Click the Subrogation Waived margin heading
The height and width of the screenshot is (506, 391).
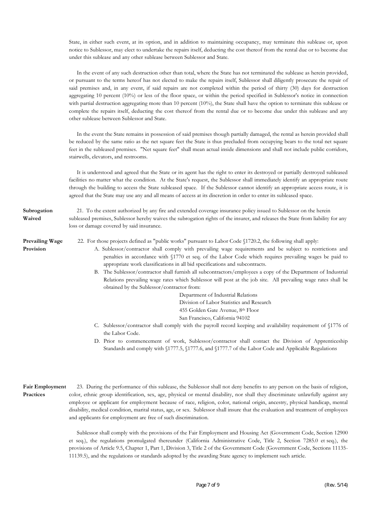(x=37, y=214)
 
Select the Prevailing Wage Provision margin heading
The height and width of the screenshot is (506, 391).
(x=43, y=245)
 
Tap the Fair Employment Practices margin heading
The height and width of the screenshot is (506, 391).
(x=44, y=390)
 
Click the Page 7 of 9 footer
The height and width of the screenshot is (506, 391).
(x=208, y=485)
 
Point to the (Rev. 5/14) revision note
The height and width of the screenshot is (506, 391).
(x=336, y=485)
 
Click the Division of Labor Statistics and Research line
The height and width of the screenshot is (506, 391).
(x=225, y=302)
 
